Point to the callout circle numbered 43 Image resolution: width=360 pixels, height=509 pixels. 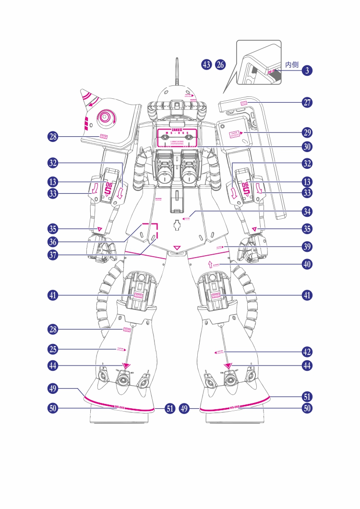click(207, 65)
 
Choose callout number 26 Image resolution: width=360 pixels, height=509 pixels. click(220, 65)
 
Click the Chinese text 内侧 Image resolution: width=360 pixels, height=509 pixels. click(292, 64)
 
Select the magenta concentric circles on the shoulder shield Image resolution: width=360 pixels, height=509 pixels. click(105, 117)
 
